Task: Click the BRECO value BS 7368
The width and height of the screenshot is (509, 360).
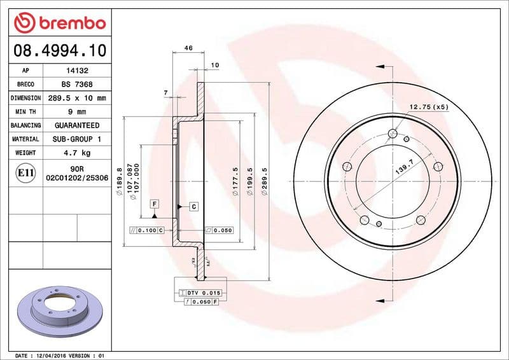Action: pos(77,85)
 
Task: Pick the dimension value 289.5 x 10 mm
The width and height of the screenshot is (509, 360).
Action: pos(77,98)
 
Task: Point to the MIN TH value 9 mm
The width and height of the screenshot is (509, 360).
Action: pos(77,112)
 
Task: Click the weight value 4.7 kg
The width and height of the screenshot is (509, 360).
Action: pos(77,153)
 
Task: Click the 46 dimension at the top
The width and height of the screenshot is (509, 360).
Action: pos(188,48)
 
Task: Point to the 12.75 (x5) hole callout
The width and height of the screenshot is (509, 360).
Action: pos(428,107)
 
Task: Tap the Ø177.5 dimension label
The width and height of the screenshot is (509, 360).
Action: pos(235,182)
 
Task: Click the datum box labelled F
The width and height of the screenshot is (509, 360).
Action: pos(153,204)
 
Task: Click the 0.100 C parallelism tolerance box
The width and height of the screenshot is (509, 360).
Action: pos(146,230)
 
